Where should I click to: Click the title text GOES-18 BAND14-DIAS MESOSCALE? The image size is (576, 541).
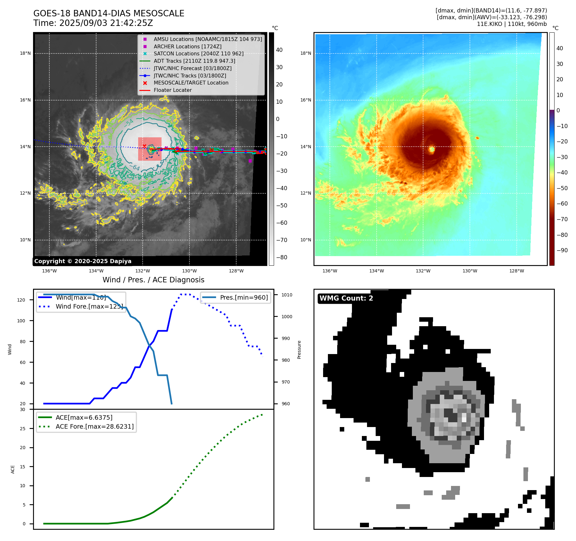[109, 13]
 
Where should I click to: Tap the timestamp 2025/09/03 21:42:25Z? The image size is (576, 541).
[106, 23]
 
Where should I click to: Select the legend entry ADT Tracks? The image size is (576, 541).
[194, 61]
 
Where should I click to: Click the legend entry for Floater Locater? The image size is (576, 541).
[172, 90]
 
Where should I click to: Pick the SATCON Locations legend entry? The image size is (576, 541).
[198, 54]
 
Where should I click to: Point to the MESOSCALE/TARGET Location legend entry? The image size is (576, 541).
[191, 83]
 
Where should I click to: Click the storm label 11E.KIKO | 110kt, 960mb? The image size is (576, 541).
[512, 24]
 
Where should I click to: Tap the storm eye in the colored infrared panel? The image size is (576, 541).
[432, 149]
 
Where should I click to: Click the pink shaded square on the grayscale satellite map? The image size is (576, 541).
[150, 149]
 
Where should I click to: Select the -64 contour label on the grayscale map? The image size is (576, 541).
[136, 167]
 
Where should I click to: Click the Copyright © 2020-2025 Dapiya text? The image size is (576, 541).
[83, 261]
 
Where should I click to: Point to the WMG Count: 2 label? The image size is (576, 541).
[346, 298]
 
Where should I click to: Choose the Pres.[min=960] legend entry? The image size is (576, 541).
[244, 297]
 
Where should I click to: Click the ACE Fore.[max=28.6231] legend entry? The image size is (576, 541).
[95, 426]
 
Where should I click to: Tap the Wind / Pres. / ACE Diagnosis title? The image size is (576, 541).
[153, 280]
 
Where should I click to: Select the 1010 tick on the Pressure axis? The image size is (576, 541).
[287, 295]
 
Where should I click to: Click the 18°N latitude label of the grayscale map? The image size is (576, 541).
[25, 53]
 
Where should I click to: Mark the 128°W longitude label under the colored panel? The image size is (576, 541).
[516, 271]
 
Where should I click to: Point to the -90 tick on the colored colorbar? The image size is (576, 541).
[562, 250]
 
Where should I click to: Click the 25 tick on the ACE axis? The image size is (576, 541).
[23, 429]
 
